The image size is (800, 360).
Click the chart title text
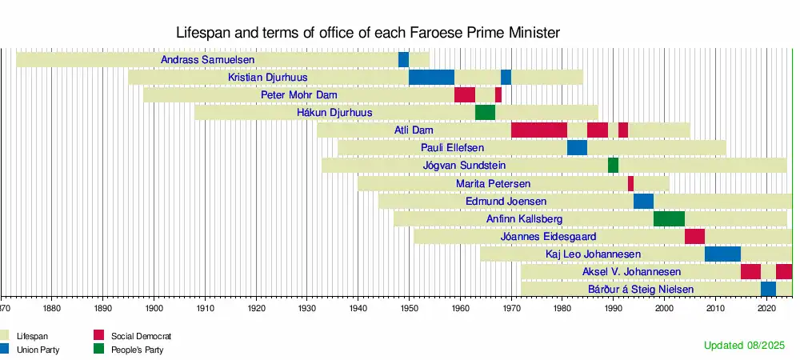click(367, 32)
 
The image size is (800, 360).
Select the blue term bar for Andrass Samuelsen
click(403, 60)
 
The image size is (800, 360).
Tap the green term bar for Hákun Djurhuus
click(485, 113)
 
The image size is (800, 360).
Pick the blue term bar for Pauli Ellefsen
click(577, 148)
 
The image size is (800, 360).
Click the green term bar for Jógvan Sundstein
click(613, 166)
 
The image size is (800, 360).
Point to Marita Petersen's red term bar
click(630, 183)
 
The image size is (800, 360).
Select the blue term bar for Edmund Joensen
click(643, 201)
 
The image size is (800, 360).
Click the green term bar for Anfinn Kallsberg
click(669, 218)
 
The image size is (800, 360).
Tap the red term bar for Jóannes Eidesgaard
click(694, 236)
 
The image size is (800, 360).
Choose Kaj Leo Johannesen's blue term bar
click(722, 254)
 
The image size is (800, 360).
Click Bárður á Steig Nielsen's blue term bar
click(768, 289)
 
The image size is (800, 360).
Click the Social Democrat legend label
click(142, 336)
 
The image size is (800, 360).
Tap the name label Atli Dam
click(409, 130)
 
